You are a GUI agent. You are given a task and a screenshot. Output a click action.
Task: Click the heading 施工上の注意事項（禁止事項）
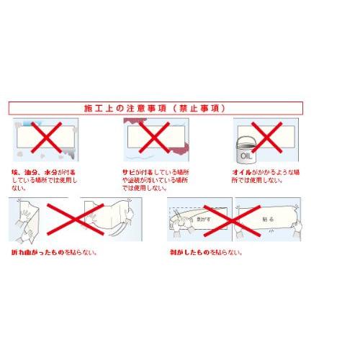pos(154,108)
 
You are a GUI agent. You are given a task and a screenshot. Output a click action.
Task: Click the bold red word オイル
pos(242,173)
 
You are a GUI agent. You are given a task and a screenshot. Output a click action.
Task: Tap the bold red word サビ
pos(129,173)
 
